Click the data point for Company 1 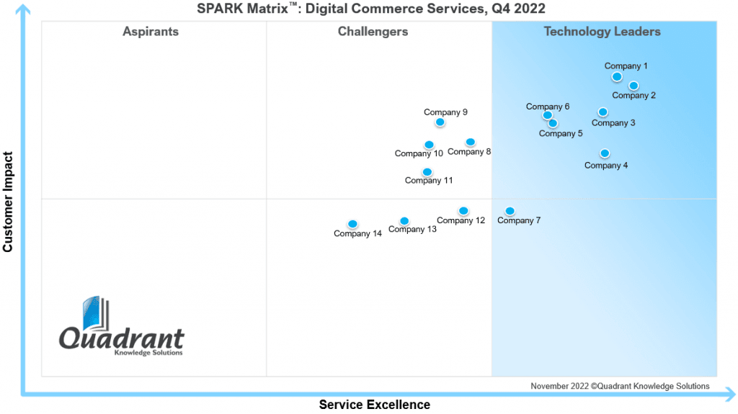click(x=617, y=77)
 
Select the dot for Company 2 click(x=633, y=86)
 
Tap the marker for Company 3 click(x=603, y=112)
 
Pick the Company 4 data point click(x=605, y=153)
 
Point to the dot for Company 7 click(x=510, y=211)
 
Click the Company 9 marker click(x=440, y=122)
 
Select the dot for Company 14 click(x=352, y=224)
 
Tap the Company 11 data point click(x=427, y=172)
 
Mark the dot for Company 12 click(x=463, y=211)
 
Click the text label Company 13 click(x=412, y=230)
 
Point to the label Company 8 click(x=469, y=152)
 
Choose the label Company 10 click(x=419, y=154)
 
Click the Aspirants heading click(x=151, y=32)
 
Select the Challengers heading click(x=373, y=32)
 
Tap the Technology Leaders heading click(x=602, y=32)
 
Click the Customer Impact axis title click(x=7, y=202)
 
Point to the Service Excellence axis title click(x=375, y=405)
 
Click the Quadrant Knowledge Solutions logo click(x=121, y=326)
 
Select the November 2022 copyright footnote click(x=620, y=386)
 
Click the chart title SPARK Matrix click(x=371, y=9)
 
